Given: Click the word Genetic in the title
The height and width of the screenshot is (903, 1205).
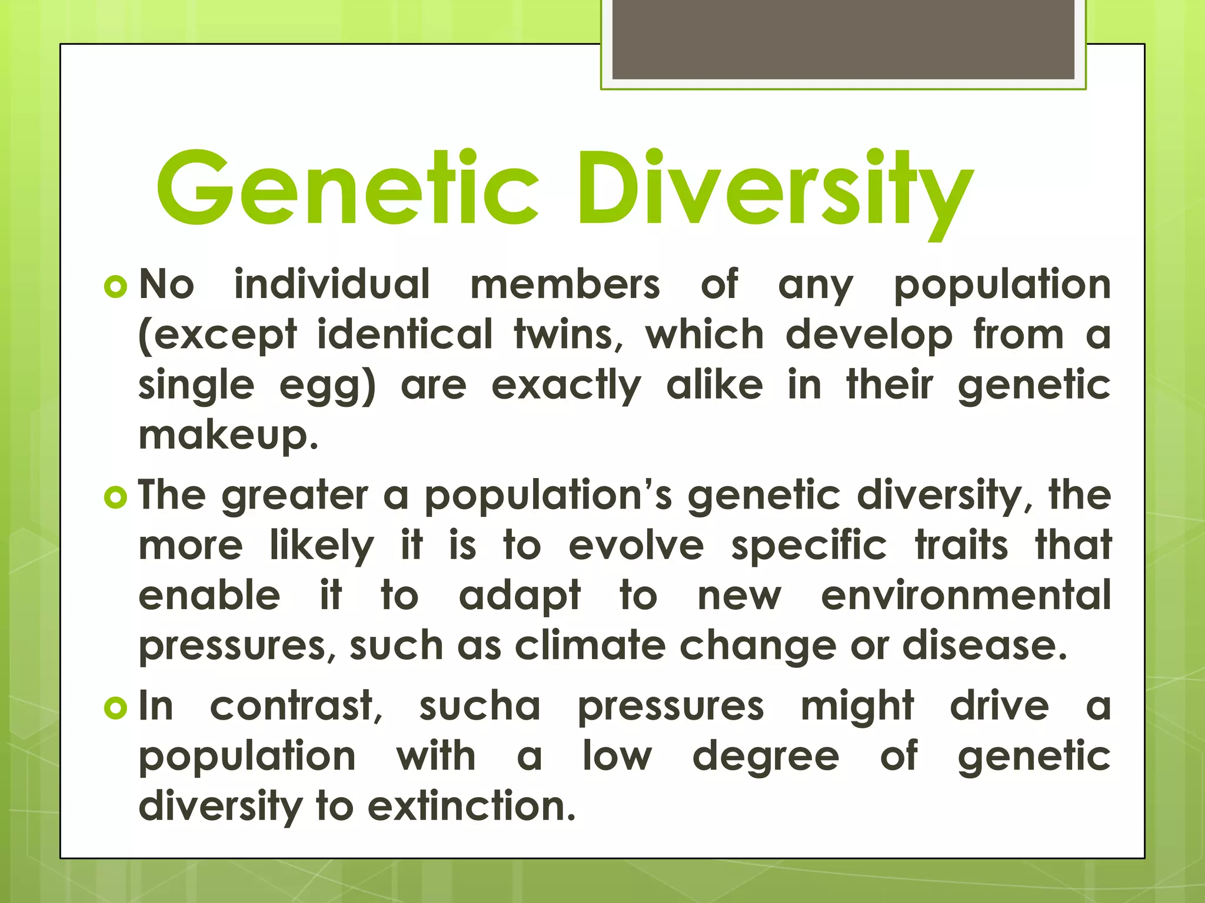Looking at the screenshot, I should click(x=347, y=188).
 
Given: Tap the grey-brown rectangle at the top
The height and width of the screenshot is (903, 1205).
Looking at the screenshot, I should click(x=843, y=39).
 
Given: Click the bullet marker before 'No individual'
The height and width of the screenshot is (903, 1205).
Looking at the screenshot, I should click(x=115, y=287).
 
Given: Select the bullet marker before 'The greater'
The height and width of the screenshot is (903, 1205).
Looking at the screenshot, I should click(x=115, y=497).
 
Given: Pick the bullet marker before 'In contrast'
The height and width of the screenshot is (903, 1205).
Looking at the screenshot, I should click(x=115, y=708).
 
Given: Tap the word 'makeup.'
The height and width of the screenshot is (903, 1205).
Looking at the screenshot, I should click(x=228, y=436).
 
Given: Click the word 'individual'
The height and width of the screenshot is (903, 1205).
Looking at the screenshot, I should click(x=332, y=285).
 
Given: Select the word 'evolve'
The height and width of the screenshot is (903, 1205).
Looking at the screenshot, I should click(x=636, y=546).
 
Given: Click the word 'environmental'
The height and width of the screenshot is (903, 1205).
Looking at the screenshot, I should click(x=966, y=596).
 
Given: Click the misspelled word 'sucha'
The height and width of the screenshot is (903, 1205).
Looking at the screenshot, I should click(x=480, y=707).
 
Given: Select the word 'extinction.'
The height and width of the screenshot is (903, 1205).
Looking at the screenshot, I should click(x=471, y=807).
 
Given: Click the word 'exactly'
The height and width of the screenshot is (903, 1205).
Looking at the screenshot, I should click(x=566, y=387).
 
